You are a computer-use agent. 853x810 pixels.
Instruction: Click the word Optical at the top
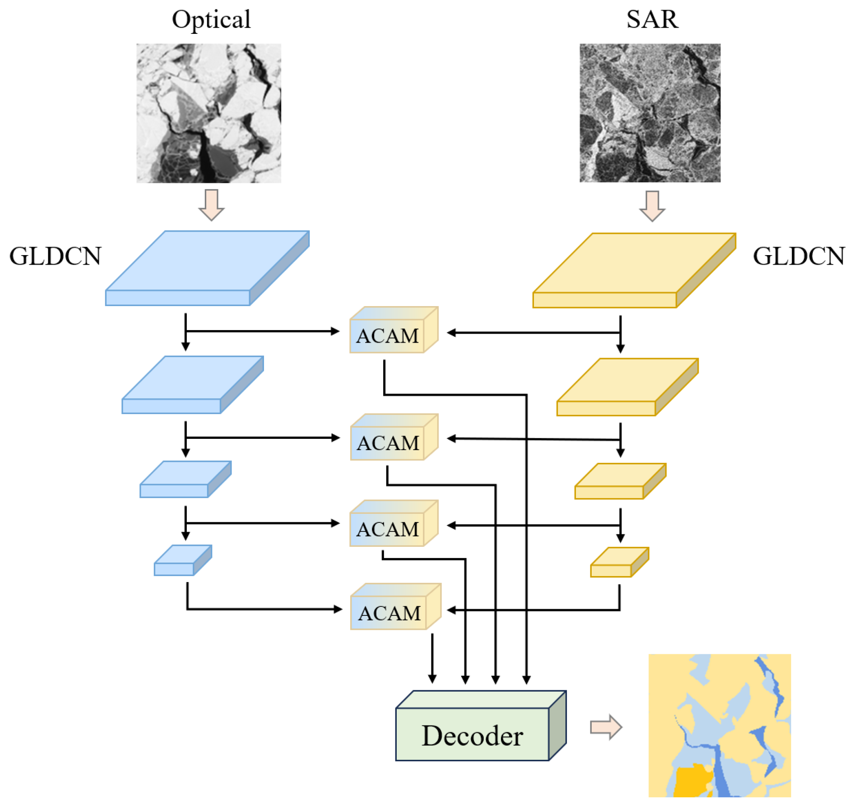pos(211,20)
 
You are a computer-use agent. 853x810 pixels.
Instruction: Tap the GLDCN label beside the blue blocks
pos(55,256)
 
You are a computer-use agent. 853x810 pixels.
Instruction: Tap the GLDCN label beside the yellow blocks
pos(797,256)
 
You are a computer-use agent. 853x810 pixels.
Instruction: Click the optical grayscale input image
pos(209,113)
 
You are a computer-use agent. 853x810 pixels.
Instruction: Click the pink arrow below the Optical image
pos(211,205)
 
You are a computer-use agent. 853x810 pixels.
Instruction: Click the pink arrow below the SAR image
pos(652,206)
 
